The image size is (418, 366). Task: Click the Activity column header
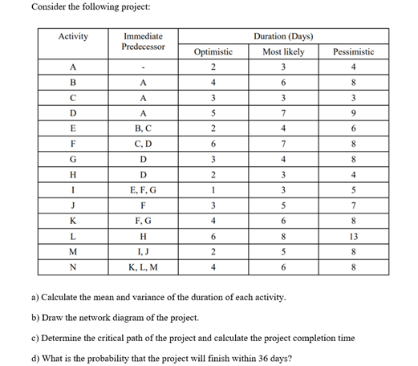(x=74, y=36)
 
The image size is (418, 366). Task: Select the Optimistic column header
(x=213, y=51)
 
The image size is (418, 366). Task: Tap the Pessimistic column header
(x=354, y=51)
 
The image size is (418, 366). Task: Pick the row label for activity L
(x=74, y=238)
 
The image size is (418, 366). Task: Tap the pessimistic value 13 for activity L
(x=354, y=238)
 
